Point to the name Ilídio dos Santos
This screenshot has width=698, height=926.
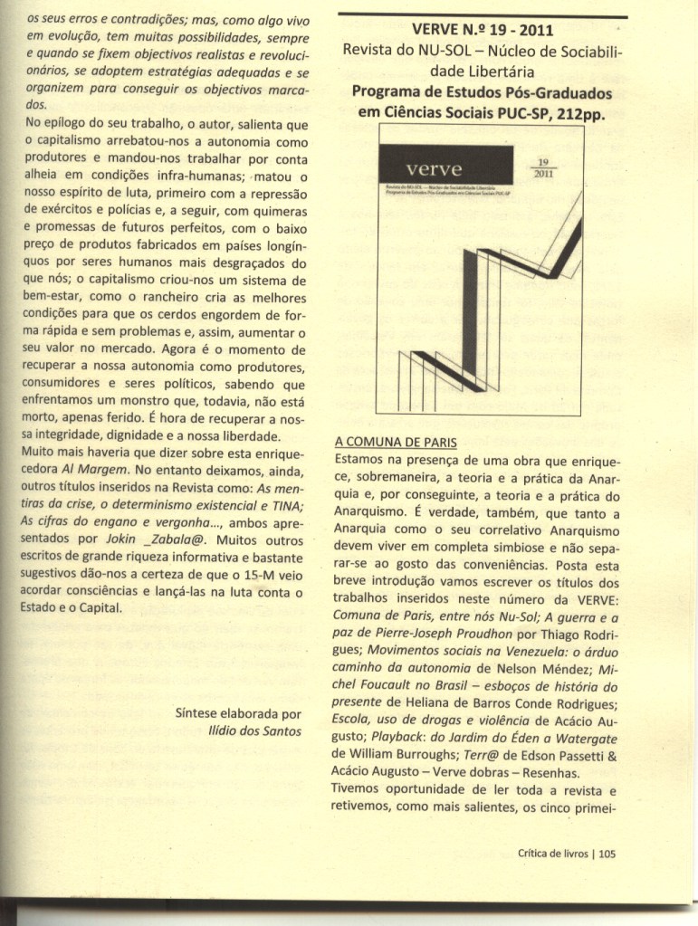click(x=254, y=730)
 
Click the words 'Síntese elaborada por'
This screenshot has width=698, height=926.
click(x=237, y=713)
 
